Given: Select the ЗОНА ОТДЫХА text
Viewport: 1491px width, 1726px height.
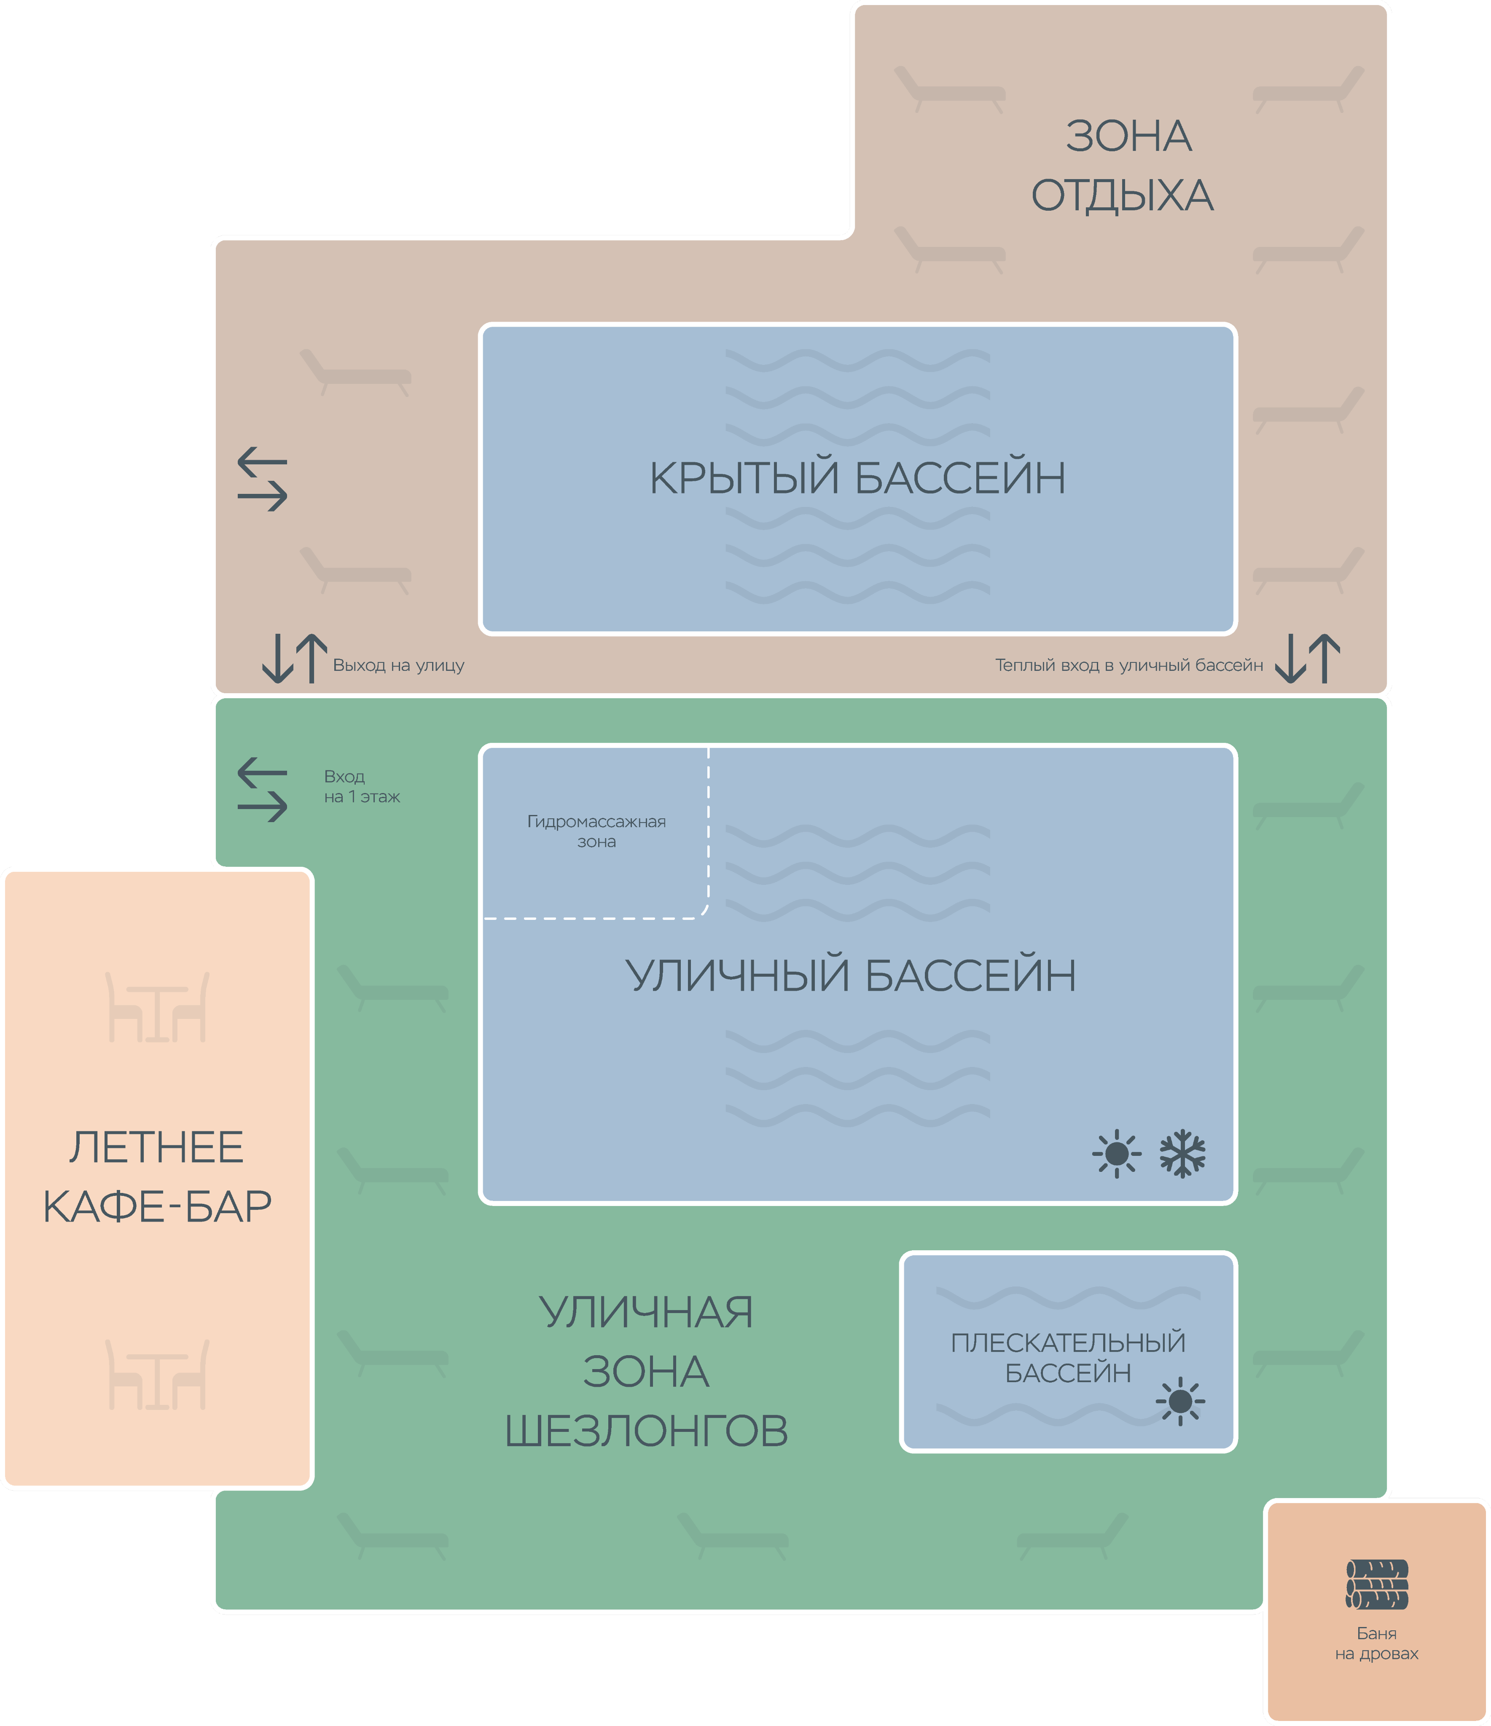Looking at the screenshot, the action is (1123, 165).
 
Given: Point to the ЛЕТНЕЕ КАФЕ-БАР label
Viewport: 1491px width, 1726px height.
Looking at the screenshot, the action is (158, 1176).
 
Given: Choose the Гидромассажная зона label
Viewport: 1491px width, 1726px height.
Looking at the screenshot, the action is (597, 831).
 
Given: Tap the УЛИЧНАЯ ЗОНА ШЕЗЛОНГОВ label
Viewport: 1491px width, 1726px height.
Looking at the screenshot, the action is (646, 1371).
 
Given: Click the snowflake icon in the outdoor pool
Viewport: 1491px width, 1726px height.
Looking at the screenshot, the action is (1182, 1154).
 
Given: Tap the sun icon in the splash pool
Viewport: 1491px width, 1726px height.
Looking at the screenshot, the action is (1180, 1401).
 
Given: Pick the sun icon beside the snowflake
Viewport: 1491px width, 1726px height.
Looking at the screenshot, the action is (1117, 1154).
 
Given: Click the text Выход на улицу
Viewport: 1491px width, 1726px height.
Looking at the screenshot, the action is (398, 665).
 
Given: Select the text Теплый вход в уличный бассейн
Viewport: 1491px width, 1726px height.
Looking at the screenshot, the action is (1129, 665).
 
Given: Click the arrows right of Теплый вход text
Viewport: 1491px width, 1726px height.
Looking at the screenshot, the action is (1308, 658).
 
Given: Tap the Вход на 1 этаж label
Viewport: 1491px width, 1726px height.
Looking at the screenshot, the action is (362, 786).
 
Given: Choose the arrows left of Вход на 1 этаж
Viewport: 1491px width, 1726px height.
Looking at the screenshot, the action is (263, 789).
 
